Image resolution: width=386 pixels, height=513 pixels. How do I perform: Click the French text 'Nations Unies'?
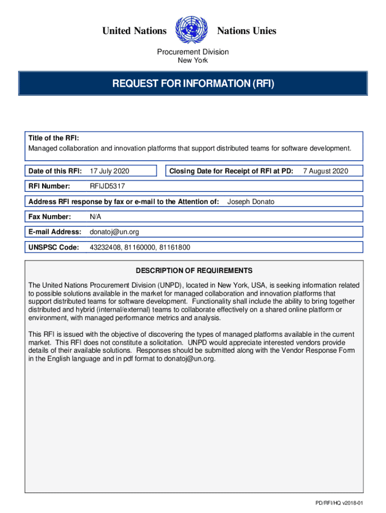point(246,31)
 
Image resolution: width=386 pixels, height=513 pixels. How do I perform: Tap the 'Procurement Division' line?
point(193,52)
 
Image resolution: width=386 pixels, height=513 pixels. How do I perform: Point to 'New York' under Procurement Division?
point(193,61)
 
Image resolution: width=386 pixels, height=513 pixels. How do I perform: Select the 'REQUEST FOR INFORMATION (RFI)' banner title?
point(193,83)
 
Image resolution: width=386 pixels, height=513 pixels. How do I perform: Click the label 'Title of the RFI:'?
point(53,138)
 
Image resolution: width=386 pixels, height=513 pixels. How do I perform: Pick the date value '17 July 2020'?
point(109,171)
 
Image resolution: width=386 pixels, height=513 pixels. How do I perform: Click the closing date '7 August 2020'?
point(325,171)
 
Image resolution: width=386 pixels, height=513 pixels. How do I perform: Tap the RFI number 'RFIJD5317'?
point(107,186)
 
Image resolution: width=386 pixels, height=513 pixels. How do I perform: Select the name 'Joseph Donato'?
point(251,202)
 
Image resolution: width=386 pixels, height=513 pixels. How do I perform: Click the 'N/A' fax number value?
point(95,217)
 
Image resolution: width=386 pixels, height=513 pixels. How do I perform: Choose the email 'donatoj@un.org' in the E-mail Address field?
point(114,232)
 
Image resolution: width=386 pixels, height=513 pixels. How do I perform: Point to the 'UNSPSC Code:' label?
point(54,247)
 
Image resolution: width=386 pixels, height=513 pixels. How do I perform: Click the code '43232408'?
point(105,247)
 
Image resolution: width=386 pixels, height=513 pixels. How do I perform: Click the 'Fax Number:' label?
point(50,217)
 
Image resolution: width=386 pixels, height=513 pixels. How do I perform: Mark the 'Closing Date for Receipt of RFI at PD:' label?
point(231,171)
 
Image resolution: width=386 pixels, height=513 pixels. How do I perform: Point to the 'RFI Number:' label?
point(49,186)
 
